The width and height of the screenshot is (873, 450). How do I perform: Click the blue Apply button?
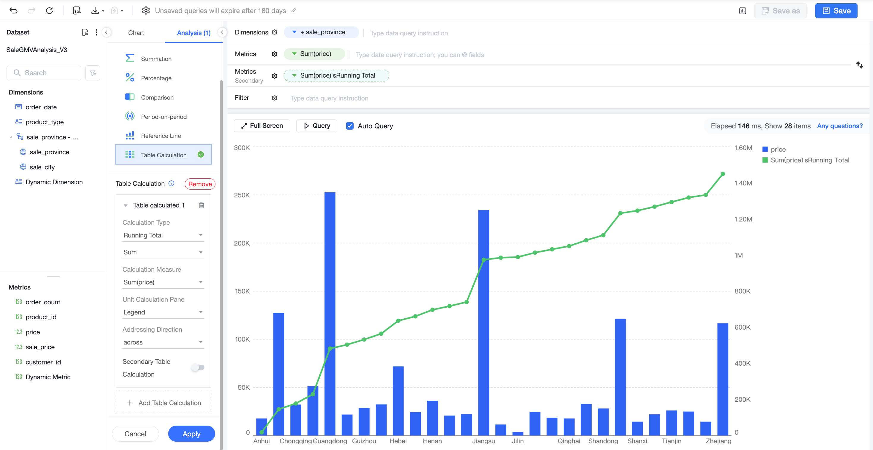coord(191,434)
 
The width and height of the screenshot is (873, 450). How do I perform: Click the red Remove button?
coord(200,184)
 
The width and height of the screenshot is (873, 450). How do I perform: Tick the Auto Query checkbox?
coord(350,126)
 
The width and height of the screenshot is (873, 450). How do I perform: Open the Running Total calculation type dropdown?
coord(163,235)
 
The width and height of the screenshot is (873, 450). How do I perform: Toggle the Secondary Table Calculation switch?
coord(198,367)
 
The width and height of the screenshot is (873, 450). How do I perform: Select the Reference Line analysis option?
coord(161,136)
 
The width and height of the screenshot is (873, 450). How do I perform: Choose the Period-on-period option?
coord(164,117)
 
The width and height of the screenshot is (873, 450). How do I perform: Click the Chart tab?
coord(136,33)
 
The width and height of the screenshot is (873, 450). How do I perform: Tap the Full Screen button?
coord(262,126)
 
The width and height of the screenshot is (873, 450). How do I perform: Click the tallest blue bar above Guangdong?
coord(330,313)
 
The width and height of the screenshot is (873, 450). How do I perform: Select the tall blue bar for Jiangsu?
coord(484,322)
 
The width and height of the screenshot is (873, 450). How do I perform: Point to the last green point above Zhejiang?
coord(723,174)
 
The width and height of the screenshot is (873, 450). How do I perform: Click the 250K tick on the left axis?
coord(242,195)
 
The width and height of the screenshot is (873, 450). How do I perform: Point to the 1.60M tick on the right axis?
coord(743,148)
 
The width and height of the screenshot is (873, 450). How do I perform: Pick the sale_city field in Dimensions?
coord(42,167)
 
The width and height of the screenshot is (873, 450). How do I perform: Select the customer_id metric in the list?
coord(43,362)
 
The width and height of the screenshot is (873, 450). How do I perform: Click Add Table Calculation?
coord(163,402)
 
